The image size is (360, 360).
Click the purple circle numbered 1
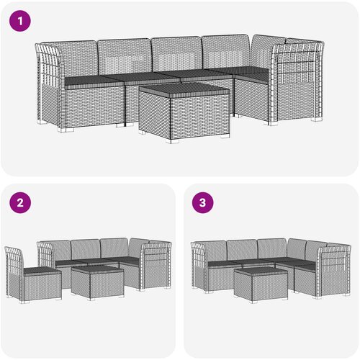click(20, 21)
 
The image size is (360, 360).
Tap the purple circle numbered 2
click(20, 203)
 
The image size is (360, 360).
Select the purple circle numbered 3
click(203, 203)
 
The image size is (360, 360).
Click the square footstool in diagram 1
click(184, 112)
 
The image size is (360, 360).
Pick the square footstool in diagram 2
click(98, 283)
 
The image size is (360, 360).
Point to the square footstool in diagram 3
click(261, 285)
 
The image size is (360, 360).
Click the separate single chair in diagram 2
click(33, 275)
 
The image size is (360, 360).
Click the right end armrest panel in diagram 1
click(297, 81)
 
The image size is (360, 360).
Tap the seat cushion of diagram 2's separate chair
click(42, 271)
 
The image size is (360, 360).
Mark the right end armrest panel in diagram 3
click(334, 271)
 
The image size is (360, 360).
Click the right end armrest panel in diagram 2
click(156, 266)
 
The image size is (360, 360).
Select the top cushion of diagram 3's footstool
click(261, 271)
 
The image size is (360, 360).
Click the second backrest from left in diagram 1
click(125, 56)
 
